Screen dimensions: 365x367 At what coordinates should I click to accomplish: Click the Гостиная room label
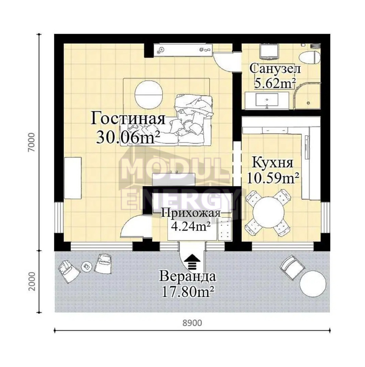click(128, 119)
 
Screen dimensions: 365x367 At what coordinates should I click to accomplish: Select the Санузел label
click(275, 69)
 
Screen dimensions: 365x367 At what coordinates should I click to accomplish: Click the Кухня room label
click(273, 162)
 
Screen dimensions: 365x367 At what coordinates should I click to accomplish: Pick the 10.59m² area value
click(273, 178)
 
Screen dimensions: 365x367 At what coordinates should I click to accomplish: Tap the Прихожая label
click(191, 213)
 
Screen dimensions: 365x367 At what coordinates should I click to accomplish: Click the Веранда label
click(187, 277)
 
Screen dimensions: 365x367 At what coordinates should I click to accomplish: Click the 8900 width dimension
click(192, 323)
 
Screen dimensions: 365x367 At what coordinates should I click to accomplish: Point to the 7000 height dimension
click(31, 142)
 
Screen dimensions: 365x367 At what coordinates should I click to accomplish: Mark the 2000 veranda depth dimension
click(31, 281)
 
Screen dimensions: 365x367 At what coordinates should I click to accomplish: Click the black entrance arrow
click(192, 262)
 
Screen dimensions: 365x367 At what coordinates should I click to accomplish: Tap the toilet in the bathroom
click(309, 57)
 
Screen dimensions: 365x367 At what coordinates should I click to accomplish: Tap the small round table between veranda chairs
click(87, 267)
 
